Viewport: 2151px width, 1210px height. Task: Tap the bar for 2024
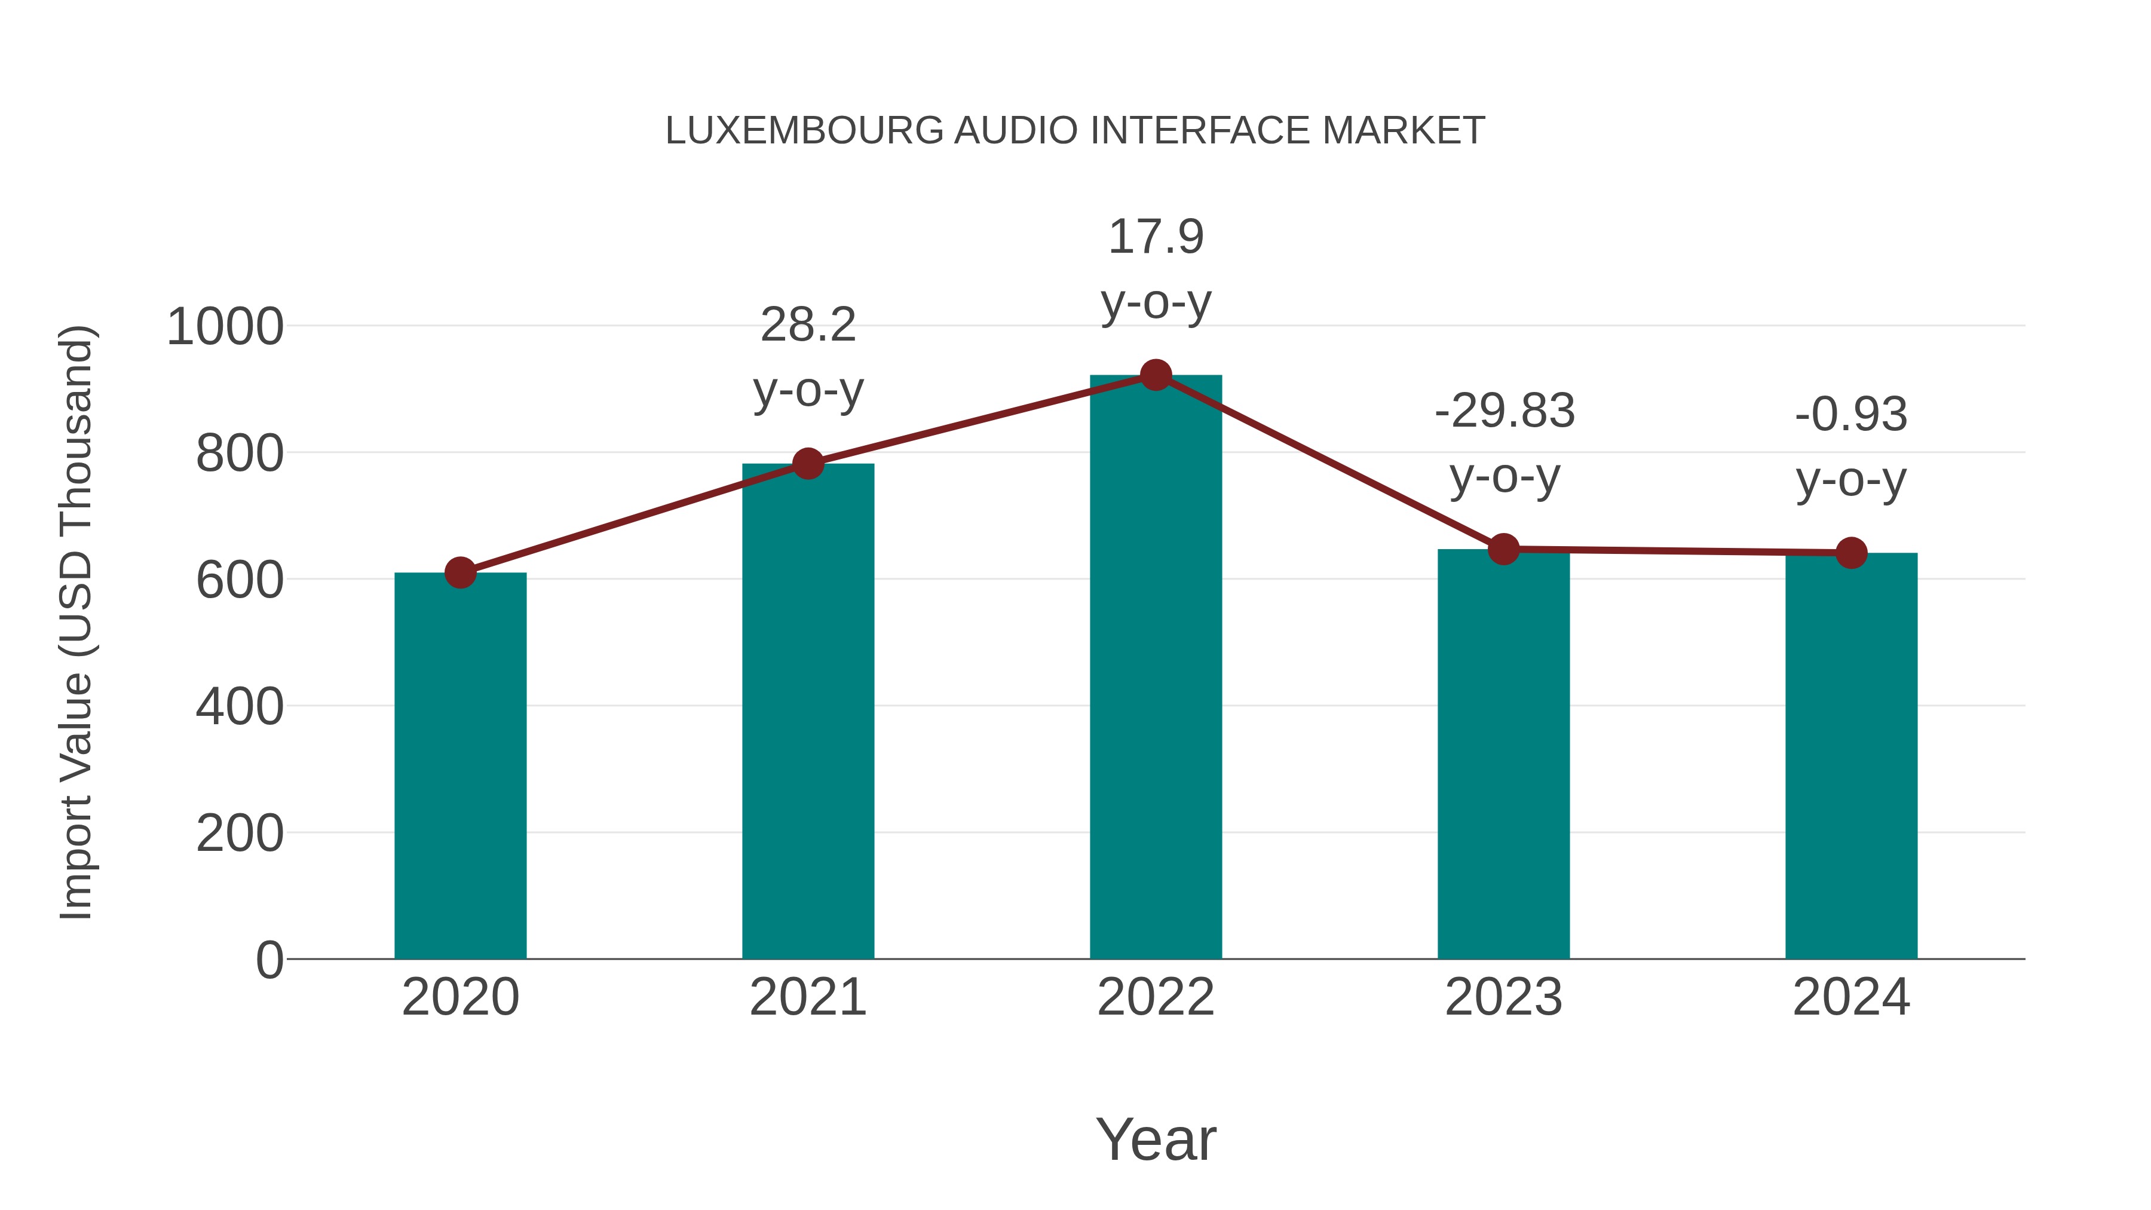pos(1851,760)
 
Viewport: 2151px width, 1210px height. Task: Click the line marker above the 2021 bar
pos(807,464)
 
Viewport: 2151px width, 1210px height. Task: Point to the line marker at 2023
pos(1503,550)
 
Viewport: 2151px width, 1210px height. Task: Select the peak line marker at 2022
pos(1156,376)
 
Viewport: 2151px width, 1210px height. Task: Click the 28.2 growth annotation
pos(807,326)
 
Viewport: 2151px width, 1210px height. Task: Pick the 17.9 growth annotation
pos(1156,237)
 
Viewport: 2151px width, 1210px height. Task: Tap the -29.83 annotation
pos(1504,412)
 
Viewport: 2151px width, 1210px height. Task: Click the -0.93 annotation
pos(1851,415)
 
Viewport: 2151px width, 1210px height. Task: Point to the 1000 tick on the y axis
pos(225,327)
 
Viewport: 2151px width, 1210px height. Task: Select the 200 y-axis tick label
pos(240,834)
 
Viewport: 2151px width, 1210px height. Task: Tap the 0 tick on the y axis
pos(269,960)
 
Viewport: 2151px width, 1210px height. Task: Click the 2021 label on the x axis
pos(807,997)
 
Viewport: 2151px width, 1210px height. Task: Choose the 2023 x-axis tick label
pos(1503,997)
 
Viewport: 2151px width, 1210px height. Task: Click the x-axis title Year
pos(1156,1140)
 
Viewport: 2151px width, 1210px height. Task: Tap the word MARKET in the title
pos(1403,131)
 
